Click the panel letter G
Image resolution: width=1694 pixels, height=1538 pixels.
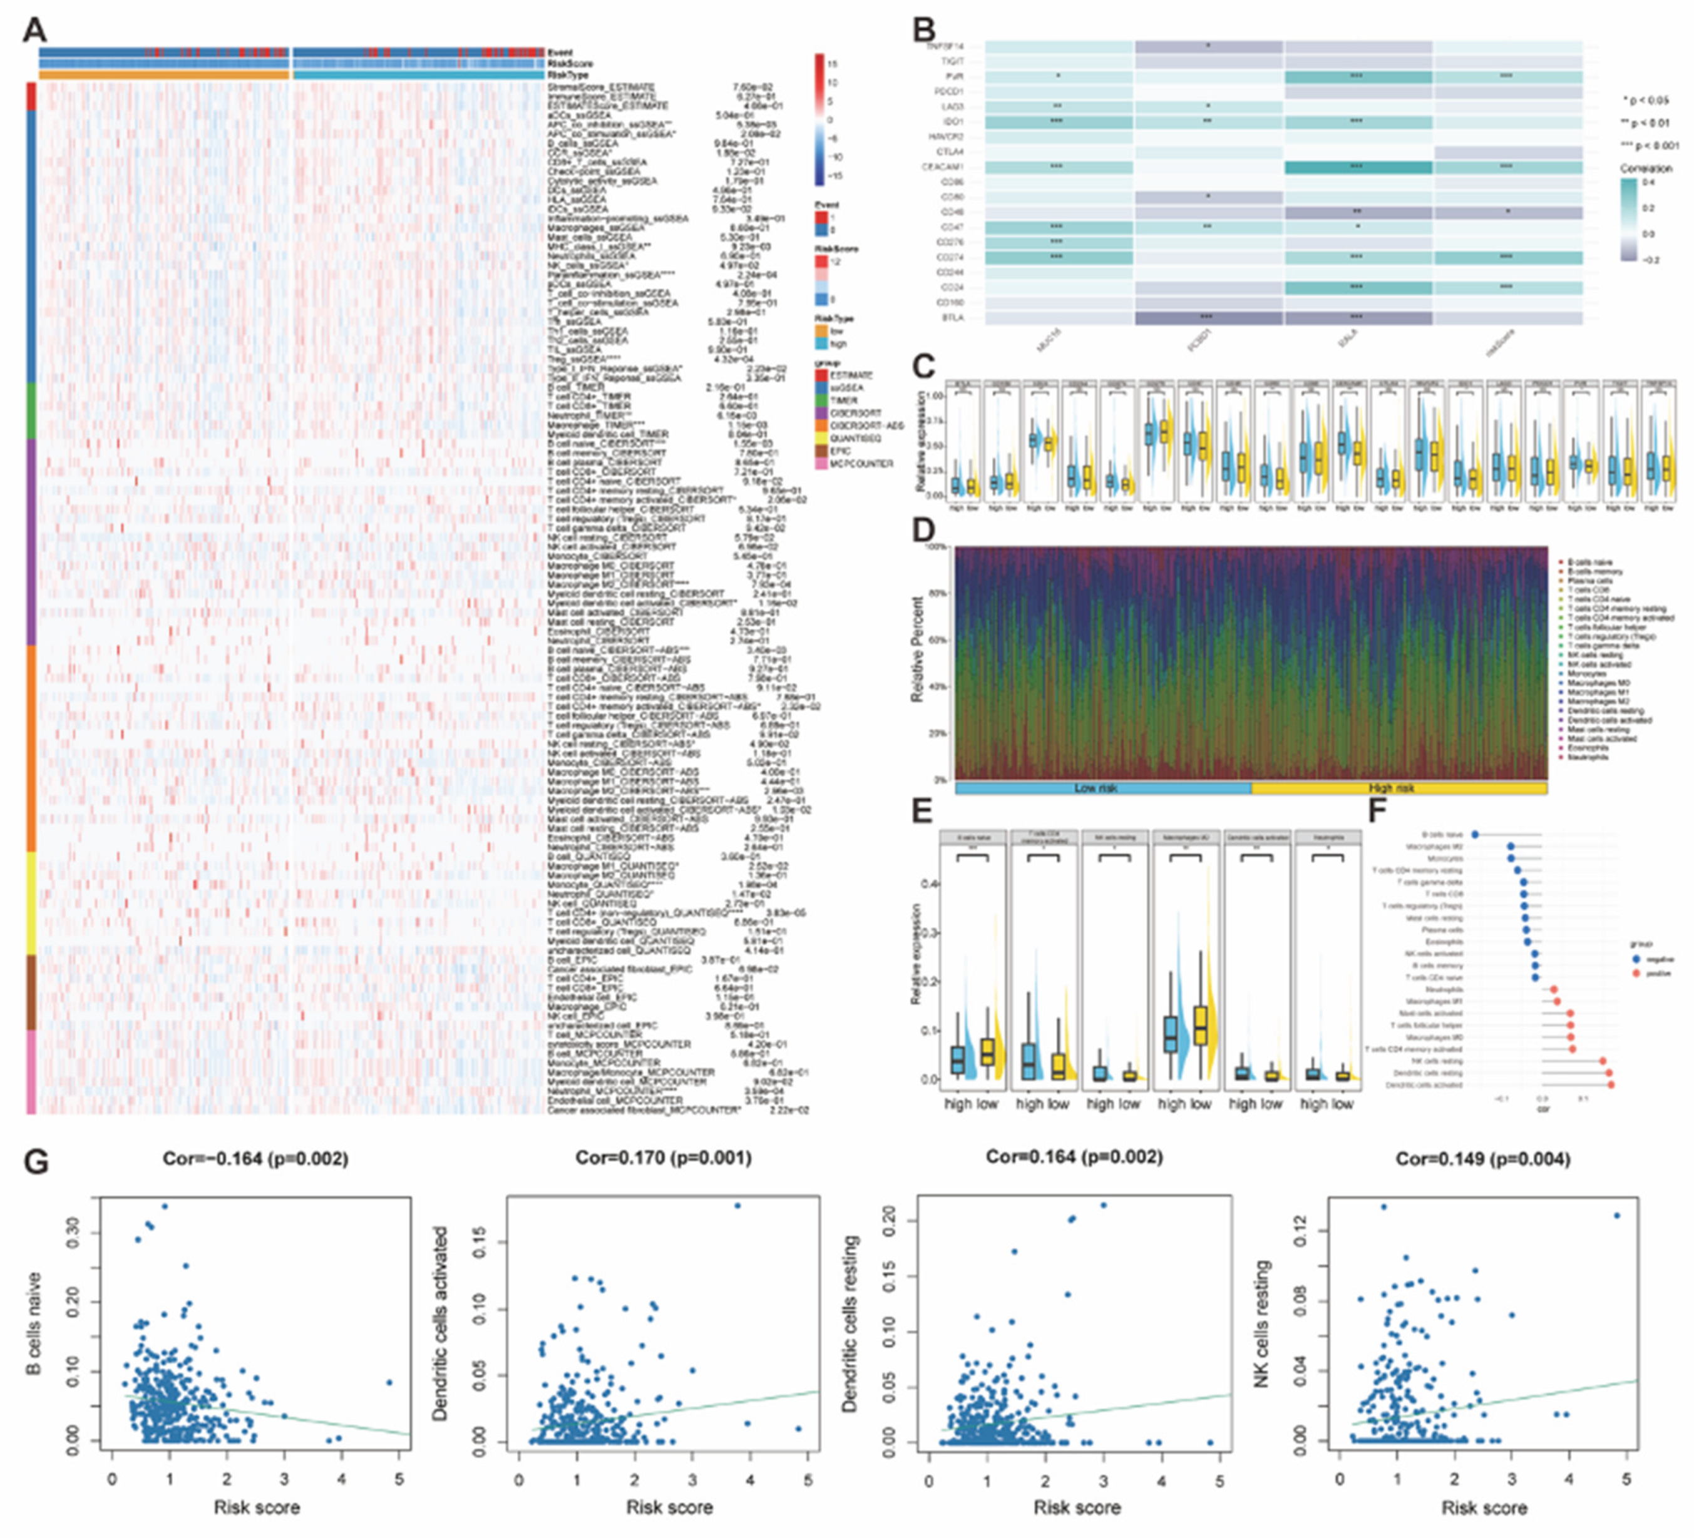point(36,1163)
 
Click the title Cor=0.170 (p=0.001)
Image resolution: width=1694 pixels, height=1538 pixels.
point(663,1158)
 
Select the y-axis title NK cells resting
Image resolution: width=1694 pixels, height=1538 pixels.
point(1261,1325)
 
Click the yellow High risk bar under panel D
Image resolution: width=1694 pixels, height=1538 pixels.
point(1399,788)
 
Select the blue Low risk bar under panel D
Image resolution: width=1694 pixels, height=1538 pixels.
point(1102,788)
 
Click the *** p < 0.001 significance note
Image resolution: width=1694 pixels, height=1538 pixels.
point(1649,145)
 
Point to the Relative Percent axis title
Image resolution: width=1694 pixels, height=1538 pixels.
point(918,649)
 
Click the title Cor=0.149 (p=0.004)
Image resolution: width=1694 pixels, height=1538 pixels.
point(1482,1159)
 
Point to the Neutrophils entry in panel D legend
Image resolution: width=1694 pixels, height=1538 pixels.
point(1586,757)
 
